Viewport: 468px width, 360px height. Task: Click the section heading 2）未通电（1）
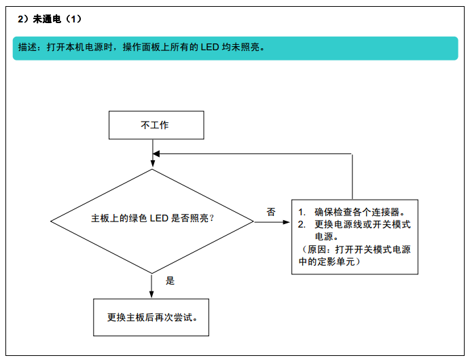pyautogui.click(x=50, y=19)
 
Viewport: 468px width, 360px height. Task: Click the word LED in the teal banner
pyautogui.click(x=210, y=47)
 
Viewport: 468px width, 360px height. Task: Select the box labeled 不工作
pyautogui.click(x=156, y=125)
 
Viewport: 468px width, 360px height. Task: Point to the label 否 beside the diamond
pyautogui.click(x=271, y=212)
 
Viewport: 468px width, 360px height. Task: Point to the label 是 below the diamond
pyautogui.click(x=170, y=281)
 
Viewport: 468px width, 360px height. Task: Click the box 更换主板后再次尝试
pyautogui.click(x=151, y=317)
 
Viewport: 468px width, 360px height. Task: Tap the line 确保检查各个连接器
pyautogui.click(x=359, y=212)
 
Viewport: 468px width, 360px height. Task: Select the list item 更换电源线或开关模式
pyautogui.click(x=363, y=224)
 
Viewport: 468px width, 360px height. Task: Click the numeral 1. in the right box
pyautogui.click(x=302, y=212)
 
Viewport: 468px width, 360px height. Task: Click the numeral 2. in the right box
pyautogui.click(x=302, y=224)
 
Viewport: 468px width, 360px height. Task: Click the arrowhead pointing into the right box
pyautogui.click(x=287, y=222)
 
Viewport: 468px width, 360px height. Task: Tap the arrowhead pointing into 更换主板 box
pyautogui.click(x=151, y=294)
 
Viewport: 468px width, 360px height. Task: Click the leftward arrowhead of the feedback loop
pyautogui.click(x=156, y=154)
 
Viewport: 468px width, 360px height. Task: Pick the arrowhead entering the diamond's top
pyautogui.click(x=153, y=163)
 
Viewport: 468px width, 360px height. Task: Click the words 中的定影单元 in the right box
pyautogui.click(x=327, y=262)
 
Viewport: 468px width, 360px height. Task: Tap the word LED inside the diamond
pyautogui.click(x=159, y=218)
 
